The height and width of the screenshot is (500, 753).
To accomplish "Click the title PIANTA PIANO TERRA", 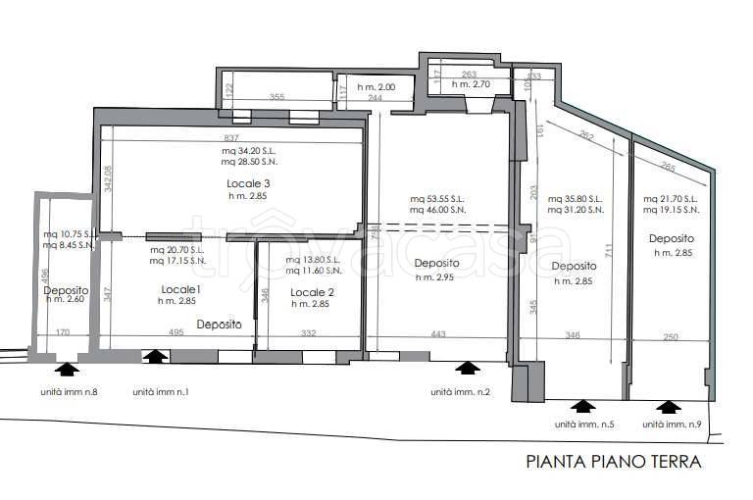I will point(614,462).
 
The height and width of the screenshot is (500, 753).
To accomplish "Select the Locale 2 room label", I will point(312,291).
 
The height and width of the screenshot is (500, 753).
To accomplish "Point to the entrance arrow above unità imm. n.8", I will point(67,369).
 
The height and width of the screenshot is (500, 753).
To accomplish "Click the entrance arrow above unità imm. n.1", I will point(155,357).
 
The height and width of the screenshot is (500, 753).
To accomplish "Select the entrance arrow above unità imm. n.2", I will point(468,369).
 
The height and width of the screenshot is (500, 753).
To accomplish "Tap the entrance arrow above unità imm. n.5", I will point(583,406).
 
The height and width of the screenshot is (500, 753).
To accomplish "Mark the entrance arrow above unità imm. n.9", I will point(669,406).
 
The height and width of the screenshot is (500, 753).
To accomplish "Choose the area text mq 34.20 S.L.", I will point(248,152).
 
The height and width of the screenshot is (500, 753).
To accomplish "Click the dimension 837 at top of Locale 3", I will point(231,137).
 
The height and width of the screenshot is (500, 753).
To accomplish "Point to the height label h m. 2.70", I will point(470,85).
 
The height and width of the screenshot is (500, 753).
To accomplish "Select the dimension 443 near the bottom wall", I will point(437,334).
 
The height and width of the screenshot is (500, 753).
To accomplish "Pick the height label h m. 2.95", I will point(432,277).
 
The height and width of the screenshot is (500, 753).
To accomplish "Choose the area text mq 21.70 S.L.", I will point(671,199).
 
